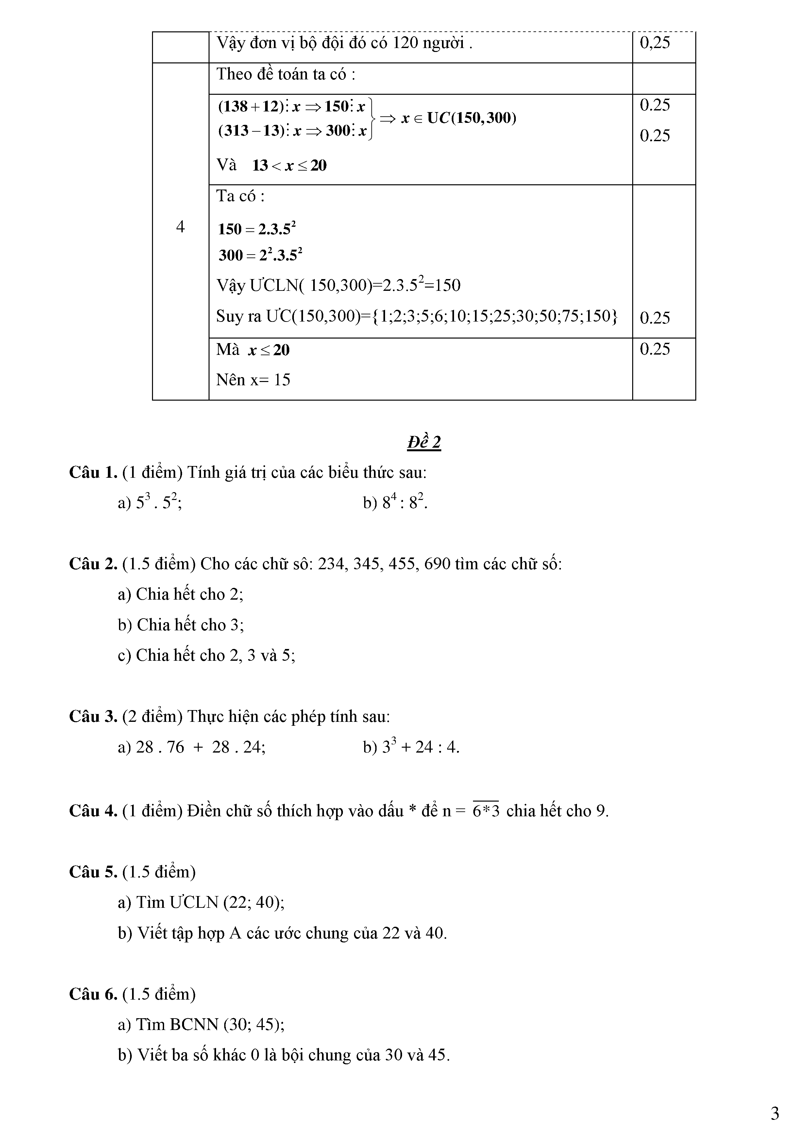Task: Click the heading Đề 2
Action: click(424, 442)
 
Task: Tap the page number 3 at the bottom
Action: click(774, 1114)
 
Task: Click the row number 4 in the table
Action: click(180, 227)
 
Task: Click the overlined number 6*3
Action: click(486, 811)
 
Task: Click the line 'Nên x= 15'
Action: click(253, 380)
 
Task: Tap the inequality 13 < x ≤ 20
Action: click(289, 165)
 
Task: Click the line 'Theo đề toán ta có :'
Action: click(286, 75)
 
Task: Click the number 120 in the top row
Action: click(405, 43)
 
